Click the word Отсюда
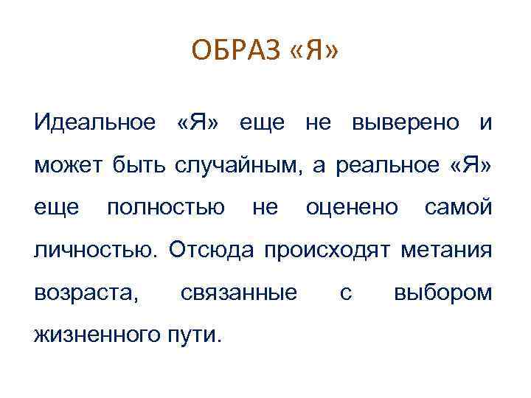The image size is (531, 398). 206,250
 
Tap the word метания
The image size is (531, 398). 446,250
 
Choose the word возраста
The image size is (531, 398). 86,293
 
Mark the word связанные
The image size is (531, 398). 239,293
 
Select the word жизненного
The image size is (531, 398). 93,335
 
